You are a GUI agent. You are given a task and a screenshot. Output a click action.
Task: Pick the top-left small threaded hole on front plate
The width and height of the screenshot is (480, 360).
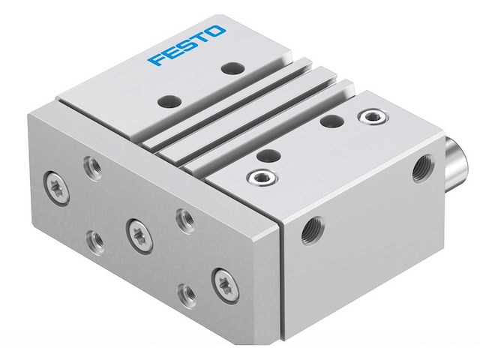click(x=93, y=164)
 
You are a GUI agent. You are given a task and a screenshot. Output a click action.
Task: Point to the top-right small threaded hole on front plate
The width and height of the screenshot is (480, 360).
click(x=181, y=218)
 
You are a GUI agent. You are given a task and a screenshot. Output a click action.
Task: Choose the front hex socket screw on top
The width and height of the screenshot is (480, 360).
click(x=259, y=177)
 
